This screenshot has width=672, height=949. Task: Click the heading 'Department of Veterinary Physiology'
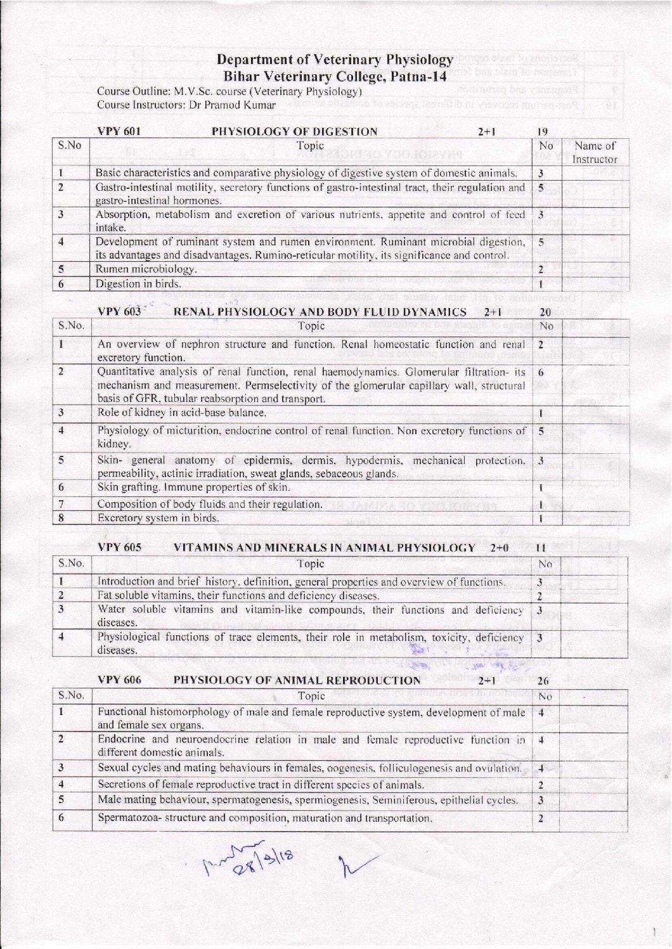[335, 60]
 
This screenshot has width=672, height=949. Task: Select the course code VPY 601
[119, 132]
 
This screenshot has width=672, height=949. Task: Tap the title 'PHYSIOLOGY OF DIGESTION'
[294, 132]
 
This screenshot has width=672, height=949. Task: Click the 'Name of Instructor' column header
[594, 153]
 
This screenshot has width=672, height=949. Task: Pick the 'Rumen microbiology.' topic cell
[146, 269]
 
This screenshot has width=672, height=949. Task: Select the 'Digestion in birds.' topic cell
[138, 283]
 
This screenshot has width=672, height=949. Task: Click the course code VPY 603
[120, 312]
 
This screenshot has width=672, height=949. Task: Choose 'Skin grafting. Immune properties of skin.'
[193, 487]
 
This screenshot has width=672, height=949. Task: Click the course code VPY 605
[120, 547]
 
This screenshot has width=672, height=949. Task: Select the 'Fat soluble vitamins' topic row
[238, 596]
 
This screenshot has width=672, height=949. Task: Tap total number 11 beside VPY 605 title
[541, 547]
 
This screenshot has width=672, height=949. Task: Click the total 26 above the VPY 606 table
[543, 681]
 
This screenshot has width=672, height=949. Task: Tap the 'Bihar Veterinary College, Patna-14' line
[335, 77]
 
